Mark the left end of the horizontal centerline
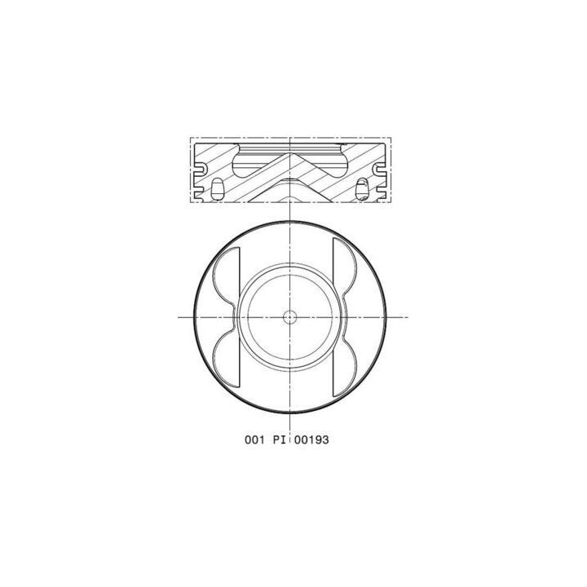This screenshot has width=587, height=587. click(179, 316)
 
